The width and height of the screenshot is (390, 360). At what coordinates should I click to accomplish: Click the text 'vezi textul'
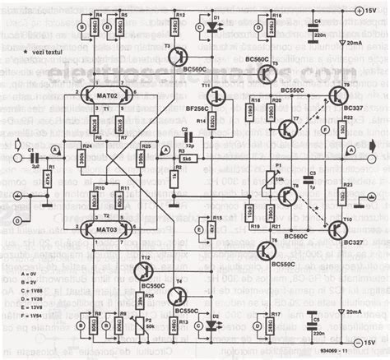point(32,50)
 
